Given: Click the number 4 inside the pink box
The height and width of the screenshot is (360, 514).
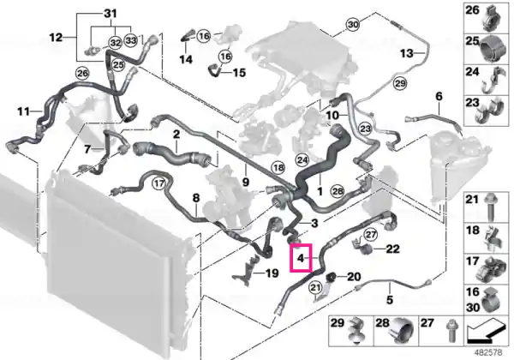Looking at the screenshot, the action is pos(301,258).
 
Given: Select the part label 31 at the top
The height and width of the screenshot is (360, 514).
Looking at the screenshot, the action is pos(111,14).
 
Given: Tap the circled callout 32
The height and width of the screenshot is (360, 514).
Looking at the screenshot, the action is pos(116,43).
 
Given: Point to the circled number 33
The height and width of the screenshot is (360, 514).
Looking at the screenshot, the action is pos(131,40).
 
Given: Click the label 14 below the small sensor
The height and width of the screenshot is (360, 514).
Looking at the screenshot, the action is pos(186,60).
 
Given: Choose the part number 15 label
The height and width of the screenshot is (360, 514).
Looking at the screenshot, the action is pos(239,73).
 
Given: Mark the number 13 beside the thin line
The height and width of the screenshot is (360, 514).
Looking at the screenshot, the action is pos(406,53).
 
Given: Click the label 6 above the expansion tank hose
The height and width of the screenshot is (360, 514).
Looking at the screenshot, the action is pos(439,96).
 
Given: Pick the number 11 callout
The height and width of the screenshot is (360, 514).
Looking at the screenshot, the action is pos(23,111).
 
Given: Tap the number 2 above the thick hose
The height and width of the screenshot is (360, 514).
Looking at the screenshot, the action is pos(176,134).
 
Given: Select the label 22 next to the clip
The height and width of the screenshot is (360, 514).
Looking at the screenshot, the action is pos(392,249).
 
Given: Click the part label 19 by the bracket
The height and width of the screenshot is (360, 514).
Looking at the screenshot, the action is pos(272,273).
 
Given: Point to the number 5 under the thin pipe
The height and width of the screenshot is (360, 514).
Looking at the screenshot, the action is pos(390,300).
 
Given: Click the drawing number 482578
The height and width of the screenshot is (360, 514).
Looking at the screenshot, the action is pos(489,353).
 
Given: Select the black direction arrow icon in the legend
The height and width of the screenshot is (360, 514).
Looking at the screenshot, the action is pos(486,333).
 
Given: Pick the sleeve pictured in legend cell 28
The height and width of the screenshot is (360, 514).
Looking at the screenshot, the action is pos(402,331).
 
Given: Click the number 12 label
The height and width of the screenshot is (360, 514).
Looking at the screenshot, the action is pos(56,38).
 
